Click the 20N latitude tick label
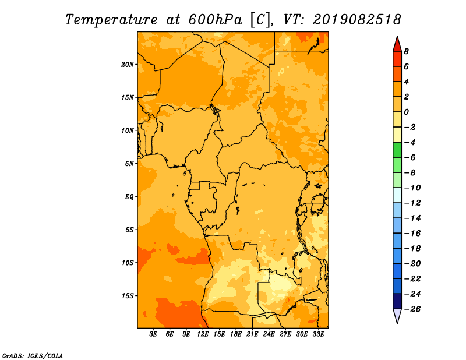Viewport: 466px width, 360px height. (128, 65)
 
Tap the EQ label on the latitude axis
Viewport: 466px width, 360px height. (129, 197)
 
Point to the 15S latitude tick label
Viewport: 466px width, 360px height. (128, 296)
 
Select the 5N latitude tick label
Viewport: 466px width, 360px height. (129, 164)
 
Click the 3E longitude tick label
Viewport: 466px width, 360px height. (153, 334)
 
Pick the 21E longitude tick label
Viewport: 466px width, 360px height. (252, 334)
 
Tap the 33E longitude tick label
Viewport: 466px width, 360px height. (318, 334)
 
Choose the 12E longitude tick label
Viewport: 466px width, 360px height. (203, 334)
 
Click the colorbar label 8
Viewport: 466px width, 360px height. (406, 51)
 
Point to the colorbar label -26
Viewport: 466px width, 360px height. (412, 309)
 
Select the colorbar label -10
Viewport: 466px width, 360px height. (412, 188)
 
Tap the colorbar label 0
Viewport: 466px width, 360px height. (406, 112)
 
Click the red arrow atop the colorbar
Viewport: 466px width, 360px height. (397, 44)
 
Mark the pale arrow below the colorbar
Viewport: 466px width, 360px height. (397, 315)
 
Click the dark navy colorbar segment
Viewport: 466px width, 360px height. (397, 301)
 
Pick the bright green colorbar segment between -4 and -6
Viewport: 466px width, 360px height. (397, 150)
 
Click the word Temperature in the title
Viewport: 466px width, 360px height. (111, 20)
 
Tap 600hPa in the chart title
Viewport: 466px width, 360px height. (216, 20)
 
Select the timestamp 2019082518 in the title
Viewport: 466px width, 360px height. (357, 20)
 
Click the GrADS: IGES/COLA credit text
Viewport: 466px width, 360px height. (33, 356)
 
